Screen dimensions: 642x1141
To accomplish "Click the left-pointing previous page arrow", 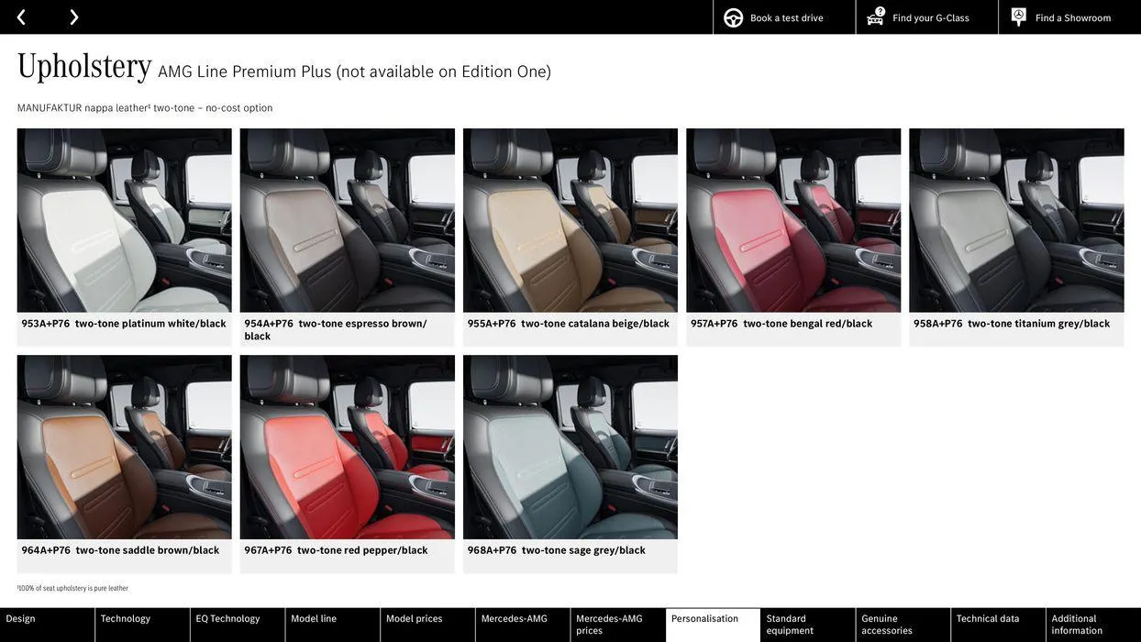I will (21, 17).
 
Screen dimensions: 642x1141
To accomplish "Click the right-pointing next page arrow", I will (73, 17).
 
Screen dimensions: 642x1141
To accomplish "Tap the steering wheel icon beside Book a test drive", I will (733, 17).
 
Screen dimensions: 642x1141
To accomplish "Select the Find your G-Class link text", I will (930, 18).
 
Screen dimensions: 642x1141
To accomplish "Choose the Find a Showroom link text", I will (1072, 18).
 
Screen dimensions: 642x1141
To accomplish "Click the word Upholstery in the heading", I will (84, 67).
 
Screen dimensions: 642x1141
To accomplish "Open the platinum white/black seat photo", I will (124, 220).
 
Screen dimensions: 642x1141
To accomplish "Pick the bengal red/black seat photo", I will (793, 220).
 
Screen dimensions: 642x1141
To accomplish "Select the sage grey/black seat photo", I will (570, 448).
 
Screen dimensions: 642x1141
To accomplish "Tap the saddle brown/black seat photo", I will (124, 448).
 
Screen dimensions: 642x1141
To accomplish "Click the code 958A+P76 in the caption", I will (937, 324).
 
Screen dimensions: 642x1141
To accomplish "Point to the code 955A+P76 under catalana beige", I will (492, 324).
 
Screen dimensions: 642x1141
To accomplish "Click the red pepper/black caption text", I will (385, 551).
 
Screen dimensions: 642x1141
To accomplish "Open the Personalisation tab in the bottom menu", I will (704, 619).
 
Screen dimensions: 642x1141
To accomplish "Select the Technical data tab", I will (988, 619).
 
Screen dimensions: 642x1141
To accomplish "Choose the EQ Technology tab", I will (227, 619).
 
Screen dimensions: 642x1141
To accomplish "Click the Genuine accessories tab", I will (887, 625).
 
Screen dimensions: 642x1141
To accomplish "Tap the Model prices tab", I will (414, 619).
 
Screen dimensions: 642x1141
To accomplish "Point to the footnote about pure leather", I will (72, 589).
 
